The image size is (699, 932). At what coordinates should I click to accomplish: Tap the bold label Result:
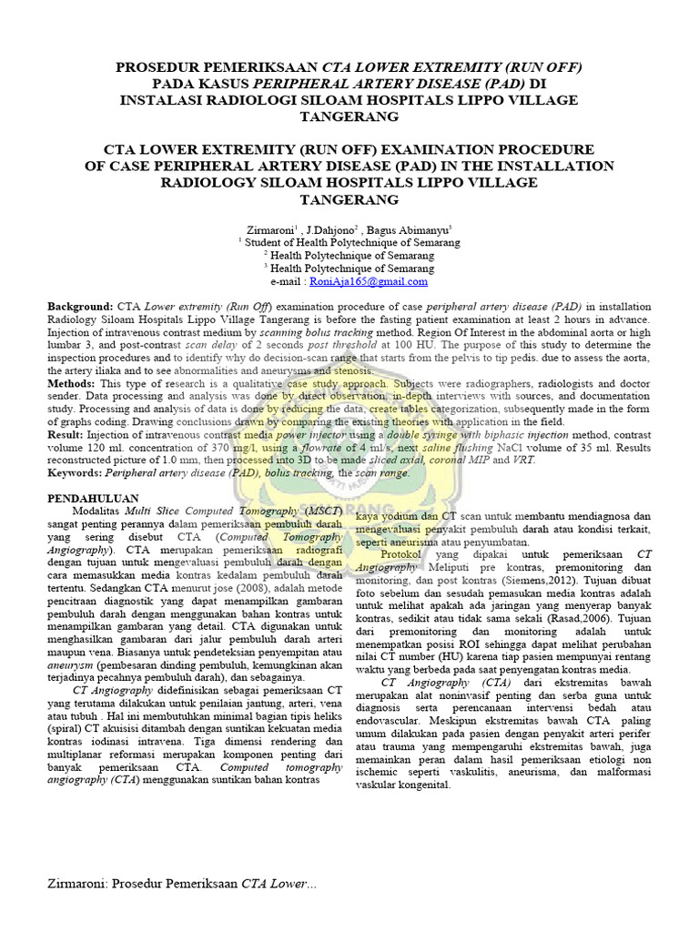(x=69, y=436)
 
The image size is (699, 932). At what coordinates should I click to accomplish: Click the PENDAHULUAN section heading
(x=92, y=499)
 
